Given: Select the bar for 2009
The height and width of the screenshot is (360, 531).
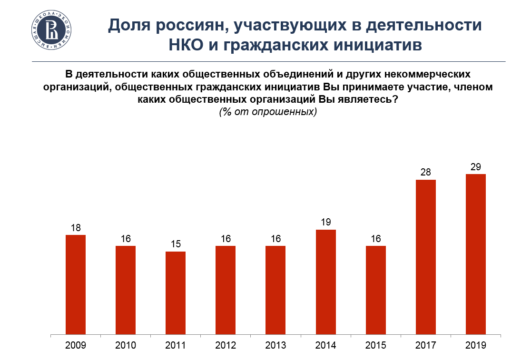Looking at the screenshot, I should (76, 284).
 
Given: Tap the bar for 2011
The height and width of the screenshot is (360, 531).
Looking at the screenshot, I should (176, 292).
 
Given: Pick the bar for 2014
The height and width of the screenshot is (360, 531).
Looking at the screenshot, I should (326, 282).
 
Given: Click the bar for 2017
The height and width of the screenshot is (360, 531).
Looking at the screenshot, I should (426, 257).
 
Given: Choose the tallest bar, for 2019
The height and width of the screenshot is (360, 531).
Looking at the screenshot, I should (476, 254).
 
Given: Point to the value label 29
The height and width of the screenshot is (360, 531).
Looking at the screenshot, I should (476, 167).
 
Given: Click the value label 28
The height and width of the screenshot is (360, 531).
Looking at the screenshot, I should (426, 172).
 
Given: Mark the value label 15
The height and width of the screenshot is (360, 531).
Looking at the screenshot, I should (176, 244).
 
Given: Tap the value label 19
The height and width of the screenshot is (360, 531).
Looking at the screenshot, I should (326, 222).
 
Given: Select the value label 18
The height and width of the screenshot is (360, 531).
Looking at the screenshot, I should (76, 228).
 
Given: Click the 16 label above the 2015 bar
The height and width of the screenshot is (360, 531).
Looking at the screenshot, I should (376, 239).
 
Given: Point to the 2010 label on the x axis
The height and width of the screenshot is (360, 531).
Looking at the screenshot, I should (126, 346).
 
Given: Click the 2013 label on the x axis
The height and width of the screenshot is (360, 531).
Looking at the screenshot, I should (275, 346).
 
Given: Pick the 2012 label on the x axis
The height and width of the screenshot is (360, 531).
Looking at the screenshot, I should (226, 346).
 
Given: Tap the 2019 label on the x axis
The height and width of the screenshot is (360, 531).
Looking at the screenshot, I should (476, 346).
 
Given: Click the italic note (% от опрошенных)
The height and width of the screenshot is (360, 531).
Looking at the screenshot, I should (268, 112).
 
